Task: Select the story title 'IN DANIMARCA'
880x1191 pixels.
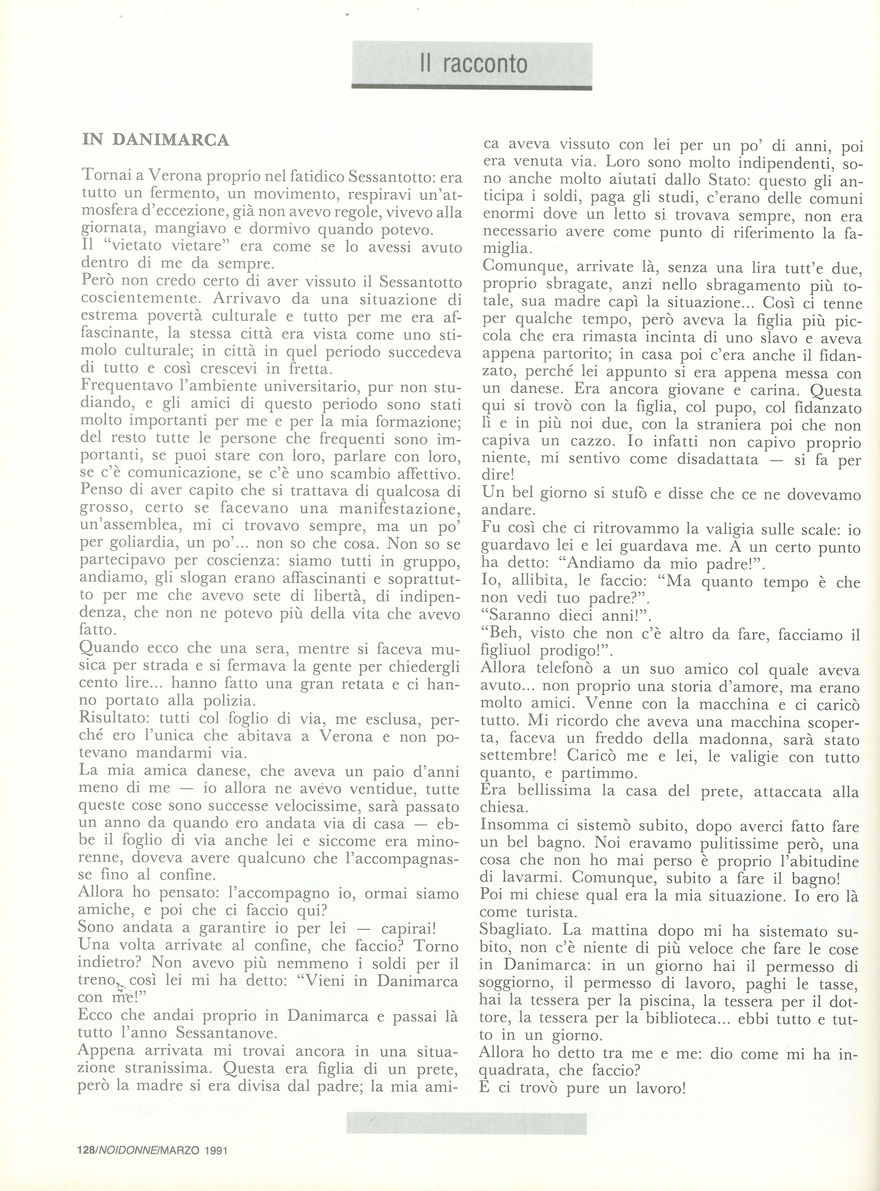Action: click(156, 140)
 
